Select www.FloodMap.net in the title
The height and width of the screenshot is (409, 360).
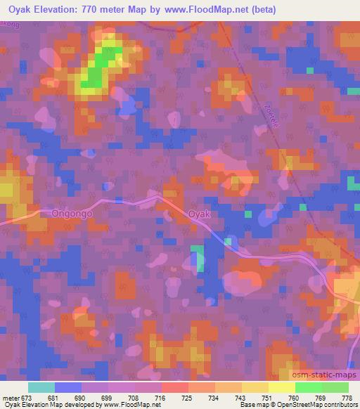click(214, 10)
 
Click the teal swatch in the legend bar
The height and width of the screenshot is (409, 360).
click(41, 387)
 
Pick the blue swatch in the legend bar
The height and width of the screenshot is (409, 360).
click(68, 387)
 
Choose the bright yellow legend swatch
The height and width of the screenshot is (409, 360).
click(282, 387)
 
